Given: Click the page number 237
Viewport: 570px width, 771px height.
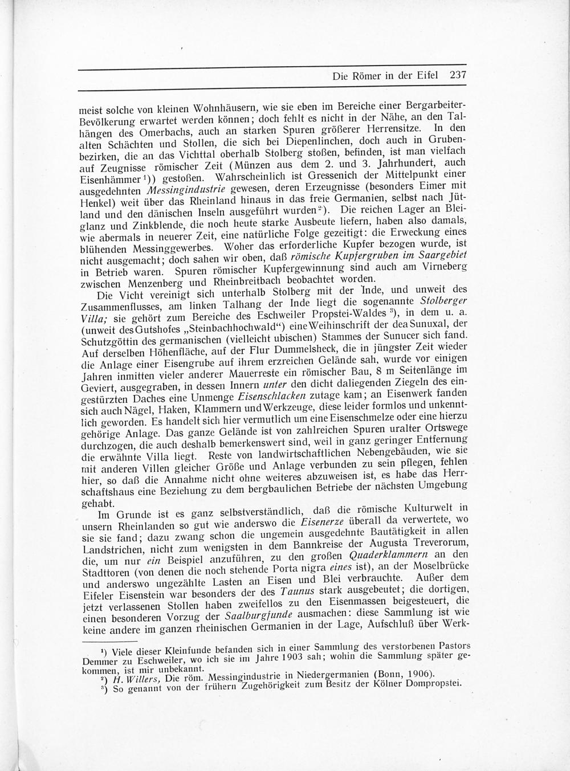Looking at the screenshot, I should coord(458,75).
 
